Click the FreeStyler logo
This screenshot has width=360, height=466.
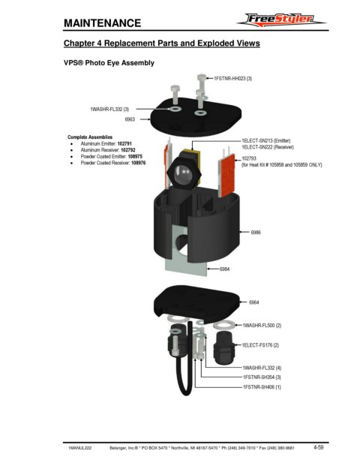(281, 20)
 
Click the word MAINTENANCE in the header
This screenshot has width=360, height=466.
(103, 23)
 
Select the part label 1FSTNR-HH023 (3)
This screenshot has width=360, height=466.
(232, 79)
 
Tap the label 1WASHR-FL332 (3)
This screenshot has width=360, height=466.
(109, 110)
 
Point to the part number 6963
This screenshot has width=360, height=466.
(130, 119)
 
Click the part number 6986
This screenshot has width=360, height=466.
(256, 232)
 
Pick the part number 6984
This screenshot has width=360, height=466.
(224, 269)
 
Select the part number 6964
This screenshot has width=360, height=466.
(254, 302)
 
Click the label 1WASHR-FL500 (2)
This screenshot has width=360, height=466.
(262, 326)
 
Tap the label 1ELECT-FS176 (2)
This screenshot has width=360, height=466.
(260, 345)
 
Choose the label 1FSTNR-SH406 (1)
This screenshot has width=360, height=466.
(262, 387)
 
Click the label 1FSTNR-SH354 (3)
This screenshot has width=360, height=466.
(262, 377)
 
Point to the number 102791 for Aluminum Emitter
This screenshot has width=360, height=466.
(124, 143)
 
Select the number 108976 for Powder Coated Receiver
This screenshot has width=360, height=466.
(139, 163)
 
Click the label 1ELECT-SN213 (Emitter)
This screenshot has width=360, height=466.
(265, 140)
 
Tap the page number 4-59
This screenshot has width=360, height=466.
(319, 447)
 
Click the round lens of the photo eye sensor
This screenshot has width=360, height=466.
(183, 173)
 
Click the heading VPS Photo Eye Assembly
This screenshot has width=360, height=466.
(109, 63)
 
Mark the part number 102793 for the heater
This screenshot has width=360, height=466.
(249, 158)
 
